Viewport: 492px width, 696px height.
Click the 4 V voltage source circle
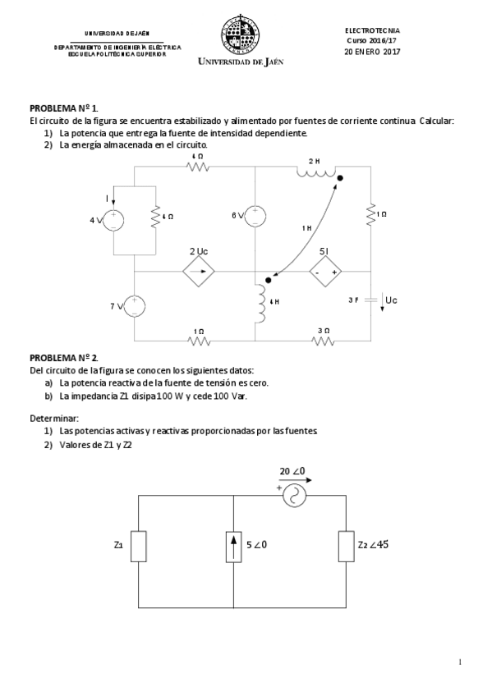[x=113, y=219]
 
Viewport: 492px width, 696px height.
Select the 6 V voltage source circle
[x=256, y=216]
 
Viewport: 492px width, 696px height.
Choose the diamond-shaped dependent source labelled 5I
[x=324, y=271]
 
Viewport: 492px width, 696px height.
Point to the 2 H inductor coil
[x=315, y=173]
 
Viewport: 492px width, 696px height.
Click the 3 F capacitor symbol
[x=370, y=300]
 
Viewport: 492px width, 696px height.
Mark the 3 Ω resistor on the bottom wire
[x=324, y=339]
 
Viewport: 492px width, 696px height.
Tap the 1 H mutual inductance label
[x=306, y=228]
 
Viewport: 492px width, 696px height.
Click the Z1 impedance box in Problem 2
[x=139, y=545]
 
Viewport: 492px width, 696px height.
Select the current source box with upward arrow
[x=234, y=545]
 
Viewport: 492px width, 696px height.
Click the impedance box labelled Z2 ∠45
[x=346, y=545]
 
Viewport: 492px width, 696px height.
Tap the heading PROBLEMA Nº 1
[x=64, y=108]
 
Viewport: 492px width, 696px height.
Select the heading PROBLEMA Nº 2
[x=64, y=357]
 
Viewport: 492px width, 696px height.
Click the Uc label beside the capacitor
[x=391, y=300]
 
